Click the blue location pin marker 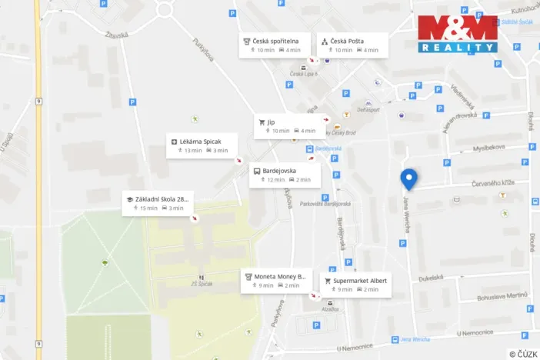pyautogui.click(x=409, y=178)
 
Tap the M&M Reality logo pyautogui.click(x=458, y=34)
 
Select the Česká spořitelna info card pyautogui.click(x=275, y=45)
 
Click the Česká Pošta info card pyautogui.click(x=352, y=45)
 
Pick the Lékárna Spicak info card pyautogui.click(x=202, y=145)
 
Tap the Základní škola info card pyautogui.click(x=157, y=203)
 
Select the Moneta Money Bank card pyautogui.click(x=275, y=280)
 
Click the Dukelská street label pyautogui.click(x=431, y=277)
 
